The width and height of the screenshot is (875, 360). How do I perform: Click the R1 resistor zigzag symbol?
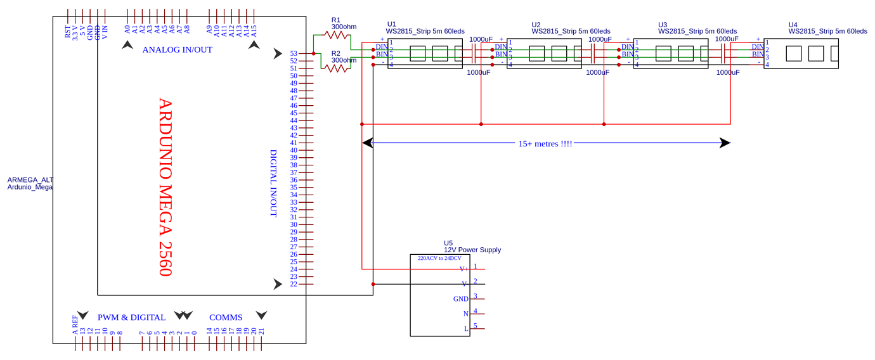pos(337,35)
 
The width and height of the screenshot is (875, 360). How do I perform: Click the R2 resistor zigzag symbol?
pos(337,68)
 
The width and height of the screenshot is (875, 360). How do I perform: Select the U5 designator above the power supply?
pos(448,243)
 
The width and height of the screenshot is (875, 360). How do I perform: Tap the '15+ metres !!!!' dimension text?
pos(545,144)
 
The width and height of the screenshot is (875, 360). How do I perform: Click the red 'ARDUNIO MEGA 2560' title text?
pos(165,187)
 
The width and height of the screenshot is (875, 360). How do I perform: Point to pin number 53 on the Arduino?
pos(294,54)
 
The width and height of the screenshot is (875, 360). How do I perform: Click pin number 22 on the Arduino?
pos(294,284)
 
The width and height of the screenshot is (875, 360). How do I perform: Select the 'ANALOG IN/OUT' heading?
pos(177,49)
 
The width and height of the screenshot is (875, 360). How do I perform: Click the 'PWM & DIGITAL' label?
pos(131,317)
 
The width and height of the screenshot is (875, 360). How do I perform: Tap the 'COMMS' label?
pos(226,317)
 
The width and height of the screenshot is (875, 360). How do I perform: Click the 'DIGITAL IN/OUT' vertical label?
pos(274,183)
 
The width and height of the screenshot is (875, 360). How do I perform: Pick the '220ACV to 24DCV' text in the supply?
pos(439,259)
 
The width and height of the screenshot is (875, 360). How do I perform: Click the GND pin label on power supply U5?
pos(460,299)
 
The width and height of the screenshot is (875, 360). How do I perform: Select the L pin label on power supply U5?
pos(466,328)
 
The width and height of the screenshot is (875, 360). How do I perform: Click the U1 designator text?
pos(391,24)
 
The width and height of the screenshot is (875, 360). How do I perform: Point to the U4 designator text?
pos(793,25)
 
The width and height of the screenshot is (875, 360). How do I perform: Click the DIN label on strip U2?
pos(501,47)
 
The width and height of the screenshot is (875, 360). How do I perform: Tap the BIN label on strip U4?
pos(758,55)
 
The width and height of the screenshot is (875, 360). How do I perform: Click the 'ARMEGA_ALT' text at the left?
pos(30,180)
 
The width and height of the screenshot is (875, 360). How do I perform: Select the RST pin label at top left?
pos(68,32)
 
